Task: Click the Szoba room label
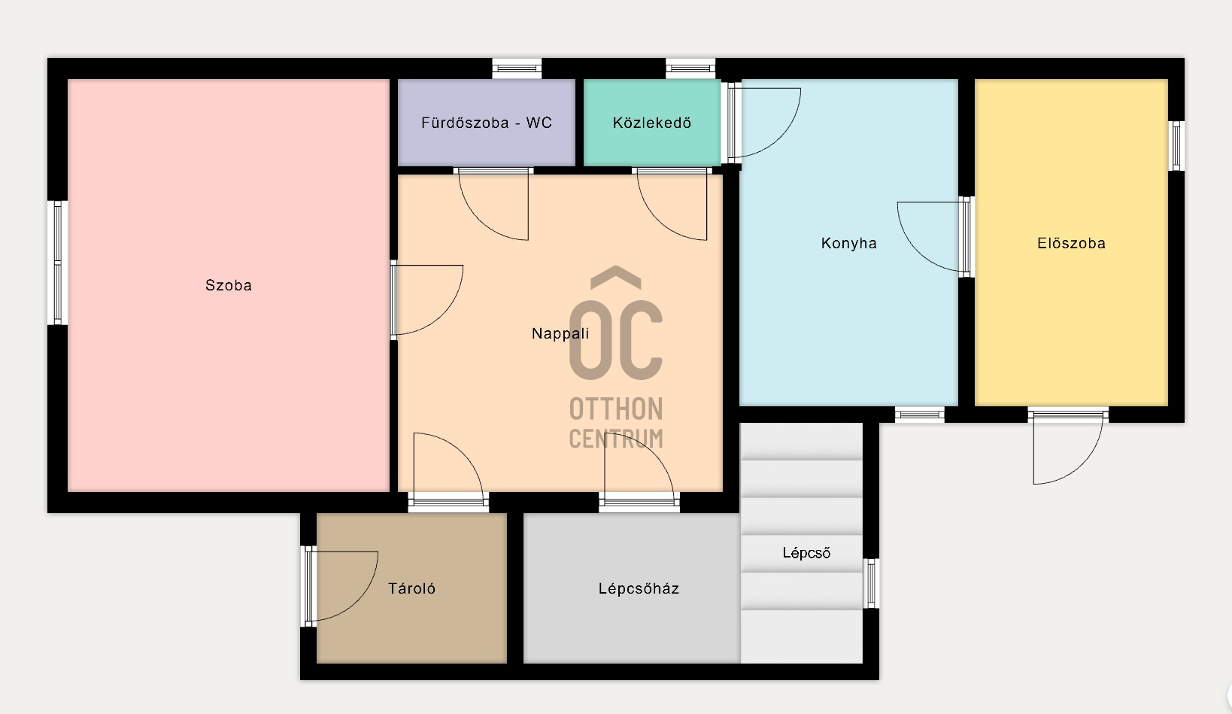click(228, 285)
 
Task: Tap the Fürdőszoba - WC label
click(486, 122)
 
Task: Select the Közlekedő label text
click(652, 122)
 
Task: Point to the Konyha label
click(848, 243)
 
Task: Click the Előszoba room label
click(1071, 243)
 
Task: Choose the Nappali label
click(560, 333)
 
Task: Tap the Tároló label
click(411, 588)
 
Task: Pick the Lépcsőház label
click(639, 588)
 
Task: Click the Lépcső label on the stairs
click(806, 553)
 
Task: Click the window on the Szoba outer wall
click(58, 263)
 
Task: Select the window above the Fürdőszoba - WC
click(517, 68)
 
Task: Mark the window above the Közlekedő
click(690, 68)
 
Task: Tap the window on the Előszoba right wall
click(1176, 146)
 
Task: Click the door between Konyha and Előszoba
click(935, 236)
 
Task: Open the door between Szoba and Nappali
click(426, 299)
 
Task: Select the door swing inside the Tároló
click(341, 586)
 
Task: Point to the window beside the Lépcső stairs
click(871, 583)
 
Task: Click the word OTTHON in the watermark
click(616, 409)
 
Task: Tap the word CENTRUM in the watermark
click(616, 439)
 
